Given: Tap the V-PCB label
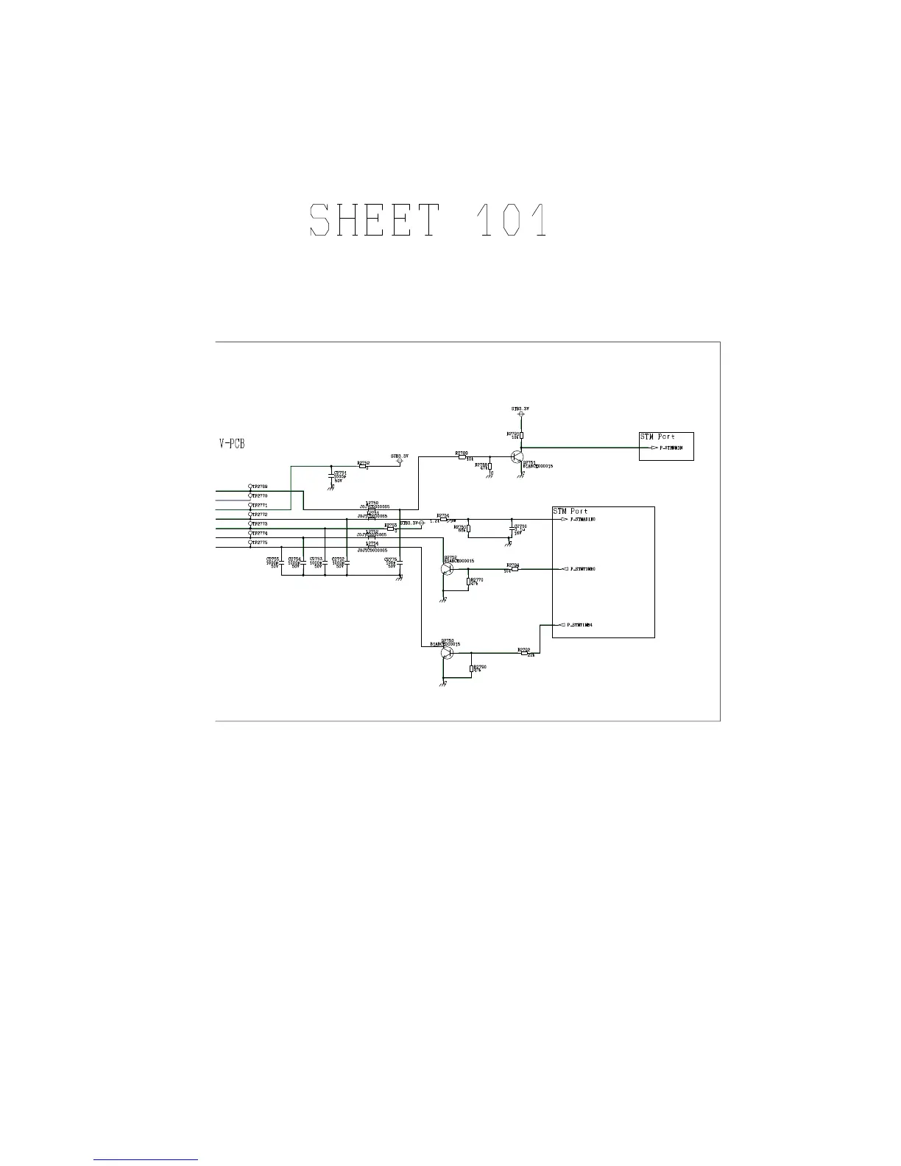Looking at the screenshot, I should (232, 444).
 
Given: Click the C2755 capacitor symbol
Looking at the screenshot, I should (281, 562).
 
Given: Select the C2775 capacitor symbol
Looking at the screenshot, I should (399, 562).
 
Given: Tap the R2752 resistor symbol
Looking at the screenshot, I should (363, 465).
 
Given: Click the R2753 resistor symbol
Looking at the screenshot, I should (391, 528).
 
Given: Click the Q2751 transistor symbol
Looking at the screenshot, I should (516, 457).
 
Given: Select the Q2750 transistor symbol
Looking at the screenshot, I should (447, 652).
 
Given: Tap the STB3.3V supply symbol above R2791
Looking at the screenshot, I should (521, 414).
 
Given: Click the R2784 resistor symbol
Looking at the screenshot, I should (515, 568).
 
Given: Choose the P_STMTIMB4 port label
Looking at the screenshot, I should (581, 625).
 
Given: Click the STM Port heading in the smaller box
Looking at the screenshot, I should (657, 437).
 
